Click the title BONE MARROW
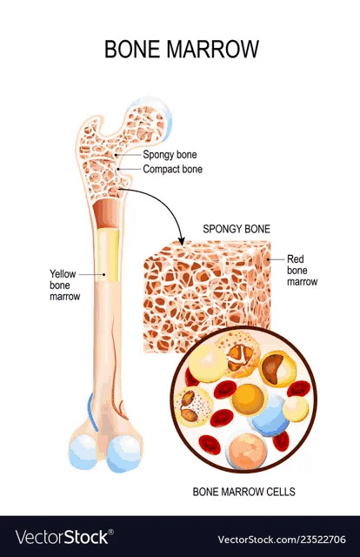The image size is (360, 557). coord(182,49)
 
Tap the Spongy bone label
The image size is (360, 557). coord(170,155)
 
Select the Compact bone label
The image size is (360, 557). coord(172,169)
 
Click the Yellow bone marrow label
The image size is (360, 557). coord(64,285)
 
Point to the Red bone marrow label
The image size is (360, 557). coord(302,271)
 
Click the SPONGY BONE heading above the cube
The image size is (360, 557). coord(237,229)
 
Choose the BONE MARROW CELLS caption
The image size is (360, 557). coord(243,492)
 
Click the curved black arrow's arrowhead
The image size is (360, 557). coord(182,242)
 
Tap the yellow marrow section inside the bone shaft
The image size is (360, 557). coord(108,254)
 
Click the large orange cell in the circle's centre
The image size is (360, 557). coord(247,399)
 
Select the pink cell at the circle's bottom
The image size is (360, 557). coord(246,451)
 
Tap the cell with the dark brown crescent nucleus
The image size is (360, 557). coord(277,369)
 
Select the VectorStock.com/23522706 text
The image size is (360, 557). coord(282,540)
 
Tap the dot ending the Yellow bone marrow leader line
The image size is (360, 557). coord(104,274)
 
